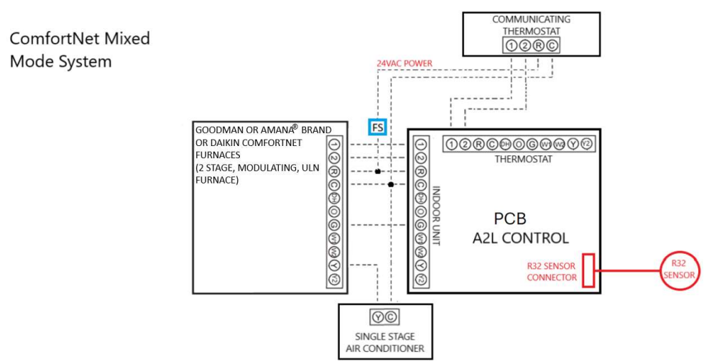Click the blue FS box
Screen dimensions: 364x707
coord(377,128)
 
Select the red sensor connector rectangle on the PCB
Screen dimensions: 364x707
coord(588,270)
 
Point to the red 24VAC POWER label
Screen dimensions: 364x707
coord(405,63)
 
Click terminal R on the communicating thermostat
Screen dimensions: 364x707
coord(537,46)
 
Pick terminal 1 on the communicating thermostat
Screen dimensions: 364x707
coord(511,46)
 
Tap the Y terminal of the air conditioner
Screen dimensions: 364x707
coord(378,317)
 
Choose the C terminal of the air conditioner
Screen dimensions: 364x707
coord(391,317)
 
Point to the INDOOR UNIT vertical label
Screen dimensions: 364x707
coord(436,216)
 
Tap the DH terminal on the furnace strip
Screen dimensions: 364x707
coord(334,198)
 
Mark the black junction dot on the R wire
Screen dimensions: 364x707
coord(377,172)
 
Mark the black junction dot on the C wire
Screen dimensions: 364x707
coord(390,185)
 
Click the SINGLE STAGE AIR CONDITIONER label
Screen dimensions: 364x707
coord(385,343)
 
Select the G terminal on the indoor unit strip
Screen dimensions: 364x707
coord(421,224)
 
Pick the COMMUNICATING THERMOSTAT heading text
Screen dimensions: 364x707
coord(531,25)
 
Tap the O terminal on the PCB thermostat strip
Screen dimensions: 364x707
coord(519,144)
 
